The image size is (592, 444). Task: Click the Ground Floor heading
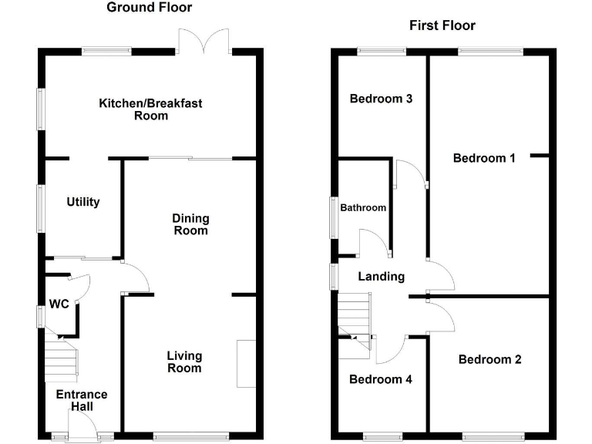tap(149, 8)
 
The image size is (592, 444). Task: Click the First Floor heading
tap(442, 25)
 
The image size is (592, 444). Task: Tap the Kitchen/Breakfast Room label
tap(151, 109)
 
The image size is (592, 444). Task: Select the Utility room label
tap(83, 202)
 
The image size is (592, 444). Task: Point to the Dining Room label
tap(190, 224)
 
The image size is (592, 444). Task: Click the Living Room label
tap(185, 362)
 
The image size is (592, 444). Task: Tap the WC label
tap(59, 304)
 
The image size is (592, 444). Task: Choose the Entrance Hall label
tap(82, 400)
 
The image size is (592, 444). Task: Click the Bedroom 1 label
tap(484, 158)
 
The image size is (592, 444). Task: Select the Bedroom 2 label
tap(489, 359)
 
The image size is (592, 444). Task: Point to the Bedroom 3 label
tap(381, 99)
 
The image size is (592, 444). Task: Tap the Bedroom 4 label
tap(380, 379)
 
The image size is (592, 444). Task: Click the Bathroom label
tap(363, 207)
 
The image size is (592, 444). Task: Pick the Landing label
tap(382, 277)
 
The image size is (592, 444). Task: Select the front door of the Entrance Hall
tap(80, 425)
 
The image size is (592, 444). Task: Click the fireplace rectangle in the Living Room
tap(246, 363)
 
